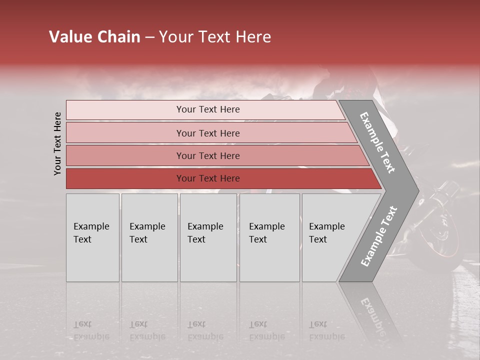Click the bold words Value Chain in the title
point(94,37)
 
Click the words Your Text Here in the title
point(215,37)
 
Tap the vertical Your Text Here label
point(57,143)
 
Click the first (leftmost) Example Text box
point(92,237)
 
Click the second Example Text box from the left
point(149,237)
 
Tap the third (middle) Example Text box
point(208,237)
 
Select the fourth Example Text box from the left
point(269,237)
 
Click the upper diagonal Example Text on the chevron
point(377,142)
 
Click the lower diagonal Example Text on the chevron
point(378,236)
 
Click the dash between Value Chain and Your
point(149,37)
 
